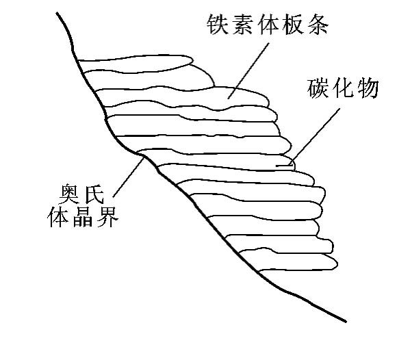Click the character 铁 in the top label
217,24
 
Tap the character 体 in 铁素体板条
268,24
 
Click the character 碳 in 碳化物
318,88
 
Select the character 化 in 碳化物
343,88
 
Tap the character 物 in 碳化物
368,88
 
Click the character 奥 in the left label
68,194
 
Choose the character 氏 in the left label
94,194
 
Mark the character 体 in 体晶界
57,217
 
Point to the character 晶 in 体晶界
83,217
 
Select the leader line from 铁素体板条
248,70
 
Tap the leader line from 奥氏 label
129,177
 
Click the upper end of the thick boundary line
57,12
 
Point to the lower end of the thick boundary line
346,322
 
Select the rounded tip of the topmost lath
193,60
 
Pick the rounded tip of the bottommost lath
337,264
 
